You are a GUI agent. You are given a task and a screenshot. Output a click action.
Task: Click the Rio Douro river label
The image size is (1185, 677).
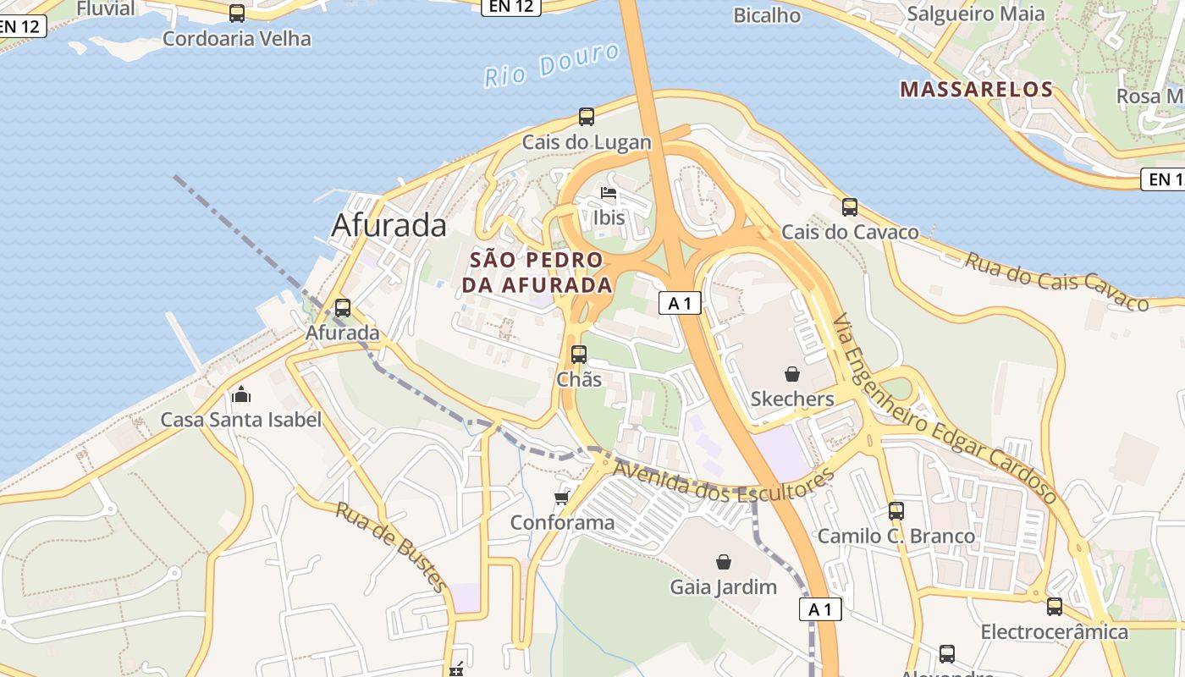[552, 65]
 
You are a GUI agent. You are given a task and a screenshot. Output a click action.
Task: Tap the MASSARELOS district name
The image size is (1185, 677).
[976, 89]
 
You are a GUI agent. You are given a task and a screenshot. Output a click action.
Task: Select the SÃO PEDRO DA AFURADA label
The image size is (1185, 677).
[537, 272]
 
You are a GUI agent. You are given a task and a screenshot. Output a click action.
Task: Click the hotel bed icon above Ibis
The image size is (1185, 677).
[609, 193]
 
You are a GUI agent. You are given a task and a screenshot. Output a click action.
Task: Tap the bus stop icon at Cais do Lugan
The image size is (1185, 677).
[587, 117]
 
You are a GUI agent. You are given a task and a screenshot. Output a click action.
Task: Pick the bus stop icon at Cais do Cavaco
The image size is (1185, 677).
[849, 206]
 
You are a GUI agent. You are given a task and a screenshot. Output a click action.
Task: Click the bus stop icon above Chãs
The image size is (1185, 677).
[579, 354]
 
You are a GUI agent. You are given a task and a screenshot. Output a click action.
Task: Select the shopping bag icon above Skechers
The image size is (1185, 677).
[792, 373]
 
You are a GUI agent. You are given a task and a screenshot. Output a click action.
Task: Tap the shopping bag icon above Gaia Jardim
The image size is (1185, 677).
[724, 561]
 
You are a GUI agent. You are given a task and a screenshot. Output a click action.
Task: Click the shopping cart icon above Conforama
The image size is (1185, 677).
[562, 497]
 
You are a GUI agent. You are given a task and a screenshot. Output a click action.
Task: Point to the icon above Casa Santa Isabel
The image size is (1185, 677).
[241, 394]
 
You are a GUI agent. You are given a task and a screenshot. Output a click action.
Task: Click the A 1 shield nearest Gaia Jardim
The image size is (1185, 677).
[820, 609]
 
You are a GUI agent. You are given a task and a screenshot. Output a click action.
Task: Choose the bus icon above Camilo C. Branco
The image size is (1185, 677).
[896, 510]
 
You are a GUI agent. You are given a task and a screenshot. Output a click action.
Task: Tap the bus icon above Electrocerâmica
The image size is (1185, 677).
[1054, 606]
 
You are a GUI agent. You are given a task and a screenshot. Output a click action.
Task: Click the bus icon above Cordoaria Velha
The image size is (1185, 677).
[237, 14]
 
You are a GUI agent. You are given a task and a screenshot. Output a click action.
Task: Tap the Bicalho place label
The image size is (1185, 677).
[767, 14]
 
